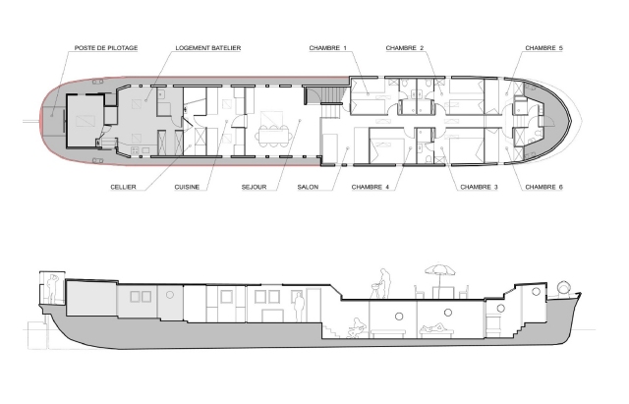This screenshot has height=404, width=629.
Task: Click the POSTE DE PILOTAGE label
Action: pos(106,48)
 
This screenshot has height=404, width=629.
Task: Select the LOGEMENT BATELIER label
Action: pos(208,48)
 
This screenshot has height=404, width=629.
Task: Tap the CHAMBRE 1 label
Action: pos(327,48)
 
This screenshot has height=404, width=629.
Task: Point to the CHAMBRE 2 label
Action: pos(405,48)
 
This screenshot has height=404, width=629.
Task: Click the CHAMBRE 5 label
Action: pos(543,48)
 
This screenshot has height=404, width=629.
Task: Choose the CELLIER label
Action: pos(123,187)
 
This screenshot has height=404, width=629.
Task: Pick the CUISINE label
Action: pos(187,187)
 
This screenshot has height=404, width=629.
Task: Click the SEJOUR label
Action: pos(254,187)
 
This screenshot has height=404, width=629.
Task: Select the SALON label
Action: pos(308,187)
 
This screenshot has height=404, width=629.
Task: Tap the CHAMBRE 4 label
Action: pos(371,187)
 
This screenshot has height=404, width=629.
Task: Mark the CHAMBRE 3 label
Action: pos(479,187)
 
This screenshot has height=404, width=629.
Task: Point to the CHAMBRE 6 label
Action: pos(543,187)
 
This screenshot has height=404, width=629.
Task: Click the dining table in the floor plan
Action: pos(273,134)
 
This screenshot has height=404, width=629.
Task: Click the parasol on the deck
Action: pos(439,271)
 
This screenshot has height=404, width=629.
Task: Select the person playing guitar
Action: pos(356,328)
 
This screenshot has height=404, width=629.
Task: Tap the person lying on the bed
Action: pos(434,327)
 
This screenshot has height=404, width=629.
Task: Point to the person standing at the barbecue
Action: pos(384,283)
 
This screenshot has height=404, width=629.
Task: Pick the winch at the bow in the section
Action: pos(564,288)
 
